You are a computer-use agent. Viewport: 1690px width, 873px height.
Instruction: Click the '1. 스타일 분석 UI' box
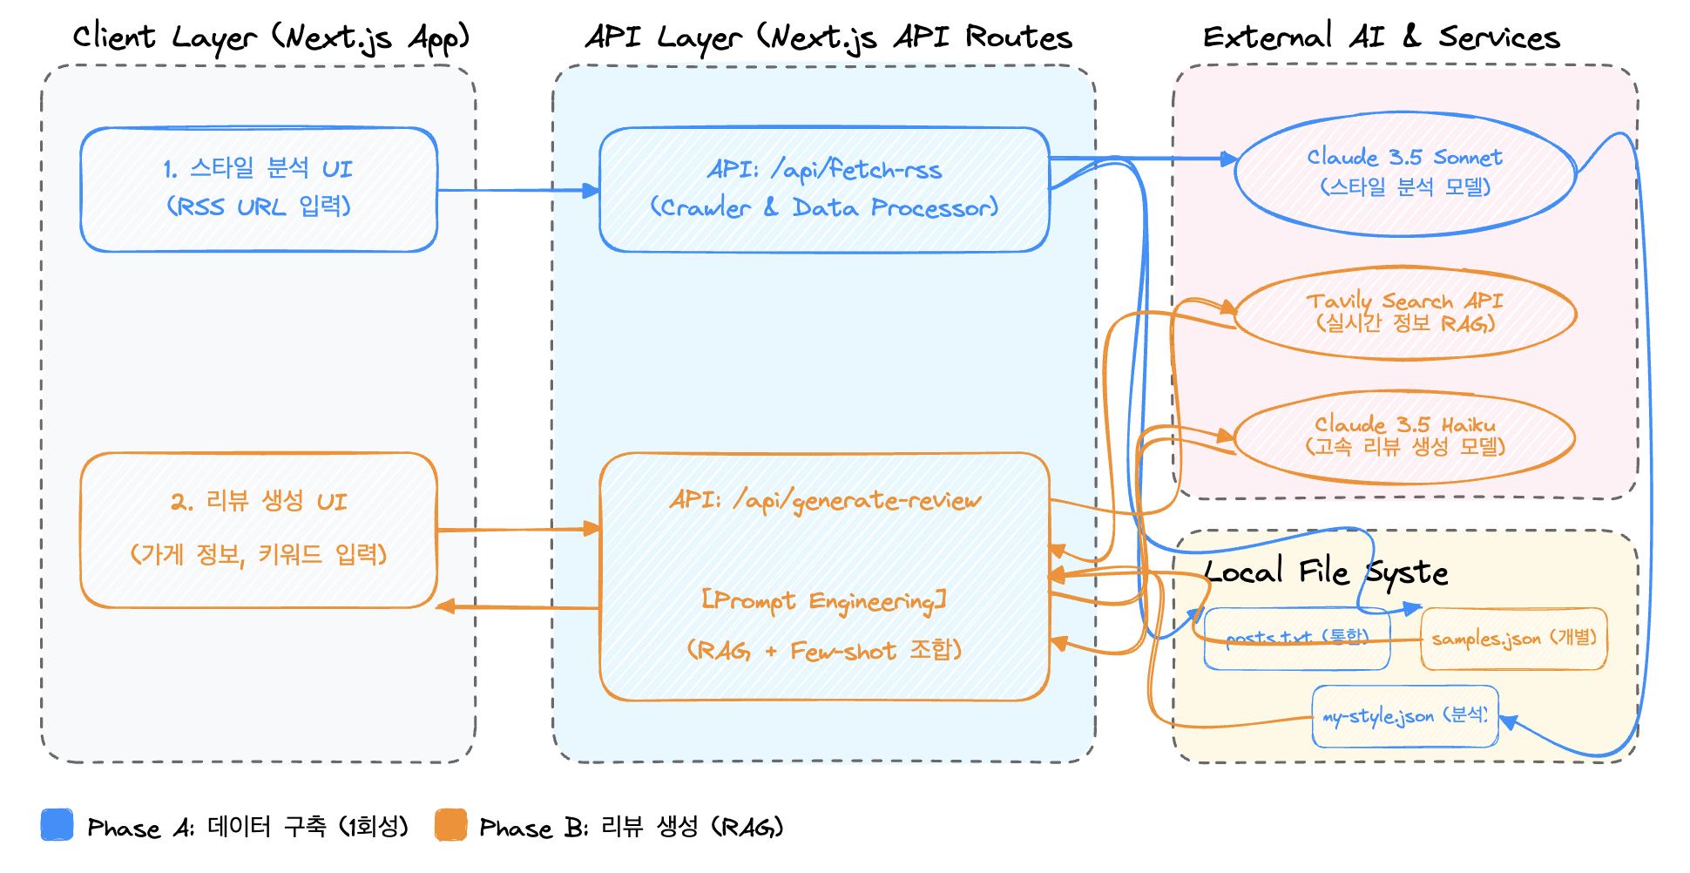[259, 189]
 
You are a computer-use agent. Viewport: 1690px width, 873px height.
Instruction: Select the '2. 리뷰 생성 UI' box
[259, 530]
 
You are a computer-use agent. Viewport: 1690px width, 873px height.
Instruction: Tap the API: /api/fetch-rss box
[824, 189]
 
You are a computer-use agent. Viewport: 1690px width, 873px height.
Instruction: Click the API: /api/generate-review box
[824, 576]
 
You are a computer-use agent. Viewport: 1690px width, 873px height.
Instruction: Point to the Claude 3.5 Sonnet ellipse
[1405, 173]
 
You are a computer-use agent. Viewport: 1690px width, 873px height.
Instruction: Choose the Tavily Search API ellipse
[1405, 313]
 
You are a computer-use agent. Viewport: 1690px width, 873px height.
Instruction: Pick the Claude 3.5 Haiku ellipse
[1405, 436]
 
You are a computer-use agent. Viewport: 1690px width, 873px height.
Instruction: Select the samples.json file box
[1514, 639]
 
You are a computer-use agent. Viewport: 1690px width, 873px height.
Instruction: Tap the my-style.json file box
[1404, 716]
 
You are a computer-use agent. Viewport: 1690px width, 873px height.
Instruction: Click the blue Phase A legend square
[57, 824]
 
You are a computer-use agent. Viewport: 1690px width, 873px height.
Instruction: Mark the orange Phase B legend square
[450, 824]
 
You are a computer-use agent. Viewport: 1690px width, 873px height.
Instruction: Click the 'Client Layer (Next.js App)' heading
[271, 37]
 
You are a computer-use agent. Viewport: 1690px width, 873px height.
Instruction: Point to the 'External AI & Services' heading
[1381, 37]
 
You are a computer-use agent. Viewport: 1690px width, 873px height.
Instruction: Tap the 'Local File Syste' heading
[1325, 572]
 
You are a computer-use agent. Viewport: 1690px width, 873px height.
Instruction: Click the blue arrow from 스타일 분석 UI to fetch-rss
[517, 190]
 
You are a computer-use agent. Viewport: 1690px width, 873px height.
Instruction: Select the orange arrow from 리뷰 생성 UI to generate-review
[517, 529]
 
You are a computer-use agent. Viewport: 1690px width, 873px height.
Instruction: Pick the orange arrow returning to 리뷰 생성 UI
[517, 606]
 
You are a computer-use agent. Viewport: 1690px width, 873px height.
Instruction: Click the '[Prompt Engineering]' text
[824, 601]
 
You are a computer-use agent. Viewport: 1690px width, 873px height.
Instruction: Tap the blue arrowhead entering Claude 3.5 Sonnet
[1228, 159]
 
